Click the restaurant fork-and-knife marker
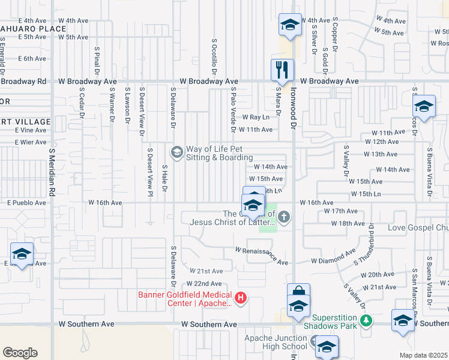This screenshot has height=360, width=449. coord(282,70)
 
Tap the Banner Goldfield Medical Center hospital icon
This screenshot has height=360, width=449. coord(241,297)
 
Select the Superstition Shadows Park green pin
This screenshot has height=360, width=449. coord(366,322)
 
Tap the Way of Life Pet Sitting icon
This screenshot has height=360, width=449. coord(176,152)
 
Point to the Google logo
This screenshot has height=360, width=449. coord(20,353)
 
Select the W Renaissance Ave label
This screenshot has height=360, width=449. coord(262,256)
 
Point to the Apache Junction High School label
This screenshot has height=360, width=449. coord(276,342)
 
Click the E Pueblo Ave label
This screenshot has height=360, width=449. coord(26,203)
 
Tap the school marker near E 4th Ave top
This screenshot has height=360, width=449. coord(290,25)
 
